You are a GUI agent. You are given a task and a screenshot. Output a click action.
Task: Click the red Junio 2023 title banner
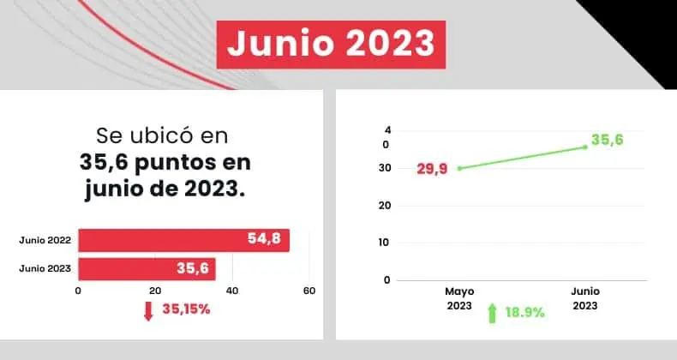point(330,43)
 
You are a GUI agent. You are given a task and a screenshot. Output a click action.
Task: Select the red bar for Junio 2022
point(183,240)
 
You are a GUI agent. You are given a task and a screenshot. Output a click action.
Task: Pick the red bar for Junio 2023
point(147,268)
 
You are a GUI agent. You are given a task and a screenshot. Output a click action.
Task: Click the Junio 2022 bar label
point(45,241)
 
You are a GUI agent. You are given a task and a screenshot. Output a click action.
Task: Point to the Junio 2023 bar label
point(45,268)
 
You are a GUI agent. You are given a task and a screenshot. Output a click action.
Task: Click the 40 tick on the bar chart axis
point(232,291)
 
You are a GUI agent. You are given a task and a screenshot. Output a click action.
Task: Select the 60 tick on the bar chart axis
point(309,291)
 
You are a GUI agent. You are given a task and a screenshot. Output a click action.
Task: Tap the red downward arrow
point(148,310)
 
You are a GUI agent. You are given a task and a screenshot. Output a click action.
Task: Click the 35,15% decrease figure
point(186,309)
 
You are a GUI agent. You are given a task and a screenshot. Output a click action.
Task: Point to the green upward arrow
point(492,313)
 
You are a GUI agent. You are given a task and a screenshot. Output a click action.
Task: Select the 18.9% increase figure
point(525,313)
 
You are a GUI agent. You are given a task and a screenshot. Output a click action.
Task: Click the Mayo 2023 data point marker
point(459,168)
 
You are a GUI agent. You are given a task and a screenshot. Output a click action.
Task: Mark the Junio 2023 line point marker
point(585,147)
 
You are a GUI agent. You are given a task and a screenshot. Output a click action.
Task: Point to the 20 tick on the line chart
point(386,206)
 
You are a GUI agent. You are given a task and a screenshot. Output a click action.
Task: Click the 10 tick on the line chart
point(386,243)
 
